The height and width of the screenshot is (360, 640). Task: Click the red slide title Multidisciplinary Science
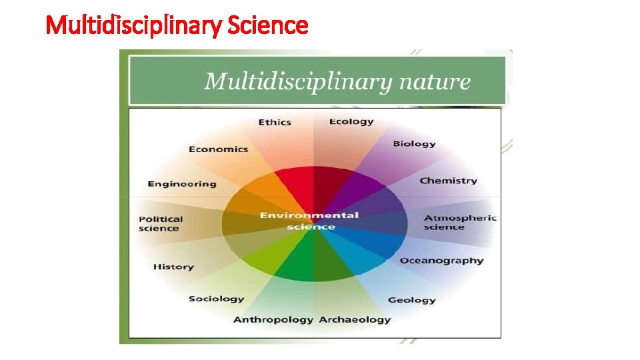click(177, 25)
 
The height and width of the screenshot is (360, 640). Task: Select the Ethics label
click(275, 122)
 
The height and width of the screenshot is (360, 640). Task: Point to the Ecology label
click(351, 121)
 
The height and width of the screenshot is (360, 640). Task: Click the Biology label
click(414, 143)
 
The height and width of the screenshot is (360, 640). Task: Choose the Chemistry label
click(448, 180)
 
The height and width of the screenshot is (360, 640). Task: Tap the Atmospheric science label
click(460, 222)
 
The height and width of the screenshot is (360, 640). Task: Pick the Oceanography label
click(441, 260)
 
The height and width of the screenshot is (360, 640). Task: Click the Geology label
click(411, 300)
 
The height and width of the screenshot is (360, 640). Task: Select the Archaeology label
click(355, 319)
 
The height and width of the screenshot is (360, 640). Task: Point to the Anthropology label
click(273, 319)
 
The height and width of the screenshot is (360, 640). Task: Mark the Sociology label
click(216, 299)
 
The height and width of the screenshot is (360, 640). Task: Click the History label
click(173, 267)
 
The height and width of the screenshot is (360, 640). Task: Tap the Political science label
click(161, 223)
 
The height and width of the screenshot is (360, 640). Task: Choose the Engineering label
click(182, 183)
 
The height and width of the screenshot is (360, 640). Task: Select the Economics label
click(218, 149)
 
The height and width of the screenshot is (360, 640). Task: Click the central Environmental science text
click(309, 221)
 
